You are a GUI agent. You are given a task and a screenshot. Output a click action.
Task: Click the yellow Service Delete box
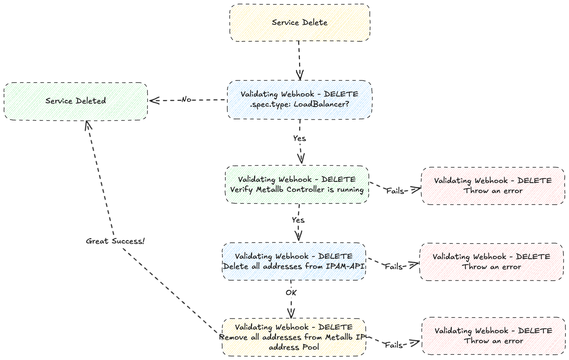point(299,23)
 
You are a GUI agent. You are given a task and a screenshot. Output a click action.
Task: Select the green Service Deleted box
point(76,101)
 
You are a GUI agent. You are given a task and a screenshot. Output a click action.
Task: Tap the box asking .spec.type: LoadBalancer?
point(299,99)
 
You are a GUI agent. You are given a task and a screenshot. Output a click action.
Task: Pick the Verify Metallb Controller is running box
point(297,185)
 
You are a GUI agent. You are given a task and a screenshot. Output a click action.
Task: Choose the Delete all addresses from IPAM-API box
point(294,261)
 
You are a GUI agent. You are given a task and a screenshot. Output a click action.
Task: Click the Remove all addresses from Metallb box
point(294,337)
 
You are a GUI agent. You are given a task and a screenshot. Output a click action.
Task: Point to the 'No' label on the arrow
point(186,100)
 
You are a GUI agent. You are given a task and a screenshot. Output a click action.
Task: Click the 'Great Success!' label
point(115,241)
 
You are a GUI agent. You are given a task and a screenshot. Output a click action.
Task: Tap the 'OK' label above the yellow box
point(291,293)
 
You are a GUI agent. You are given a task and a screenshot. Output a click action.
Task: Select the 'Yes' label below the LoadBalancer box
point(299,139)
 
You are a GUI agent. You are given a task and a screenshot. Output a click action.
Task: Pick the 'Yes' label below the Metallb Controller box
point(298,220)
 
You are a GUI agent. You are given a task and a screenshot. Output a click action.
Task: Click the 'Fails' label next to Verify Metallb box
point(395,191)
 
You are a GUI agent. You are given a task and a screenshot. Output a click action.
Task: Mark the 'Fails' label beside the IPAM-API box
point(394,267)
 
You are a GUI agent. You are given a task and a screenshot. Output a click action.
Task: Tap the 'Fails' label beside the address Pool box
point(394,345)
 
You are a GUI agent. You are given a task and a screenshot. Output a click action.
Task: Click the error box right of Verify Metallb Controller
point(493,186)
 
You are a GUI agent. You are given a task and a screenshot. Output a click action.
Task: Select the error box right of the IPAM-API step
point(491,262)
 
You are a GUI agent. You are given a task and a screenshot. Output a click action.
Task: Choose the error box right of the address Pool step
point(493,336)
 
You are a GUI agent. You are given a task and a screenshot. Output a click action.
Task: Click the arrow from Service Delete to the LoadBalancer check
point(299,60)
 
